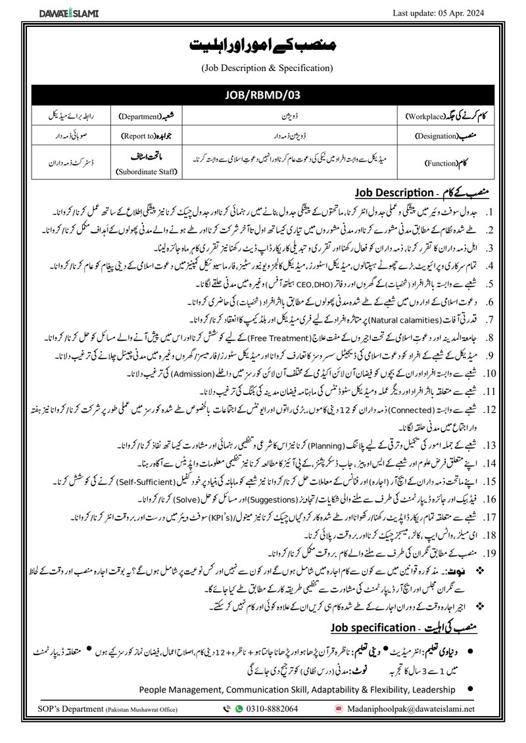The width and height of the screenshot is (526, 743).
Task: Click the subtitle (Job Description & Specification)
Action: click(263, 68)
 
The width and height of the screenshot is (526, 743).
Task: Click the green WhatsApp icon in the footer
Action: click(239, 709)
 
